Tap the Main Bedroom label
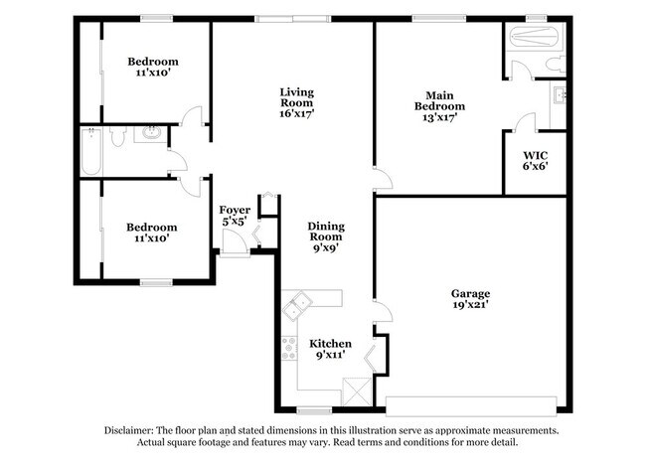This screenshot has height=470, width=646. click(x=438, y=100)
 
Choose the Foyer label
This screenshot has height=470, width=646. click(x=235, y=210)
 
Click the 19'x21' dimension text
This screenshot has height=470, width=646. click(x=470, y=307)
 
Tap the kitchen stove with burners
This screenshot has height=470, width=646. click(x=289, y=348)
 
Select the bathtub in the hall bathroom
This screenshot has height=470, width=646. click(x=91, y=151)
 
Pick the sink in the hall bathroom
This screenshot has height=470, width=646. click(x=152, y=133)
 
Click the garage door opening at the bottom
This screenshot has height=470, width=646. click(x=471, y=405)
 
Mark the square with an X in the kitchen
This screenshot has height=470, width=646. click(x=355, y=391)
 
